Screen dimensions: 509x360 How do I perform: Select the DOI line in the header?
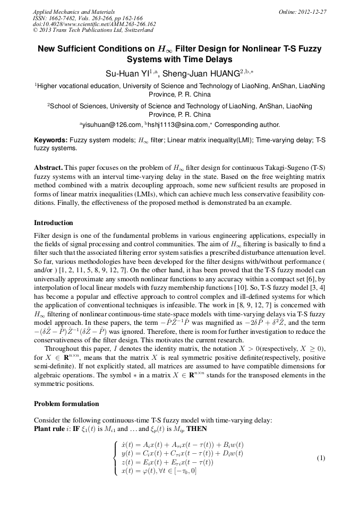(x=94, y=24)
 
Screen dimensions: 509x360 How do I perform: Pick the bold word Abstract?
(x=49, y=167)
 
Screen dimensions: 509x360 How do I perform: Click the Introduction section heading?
(x=53, y=223)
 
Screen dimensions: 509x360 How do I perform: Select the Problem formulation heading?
(x=66, y=404)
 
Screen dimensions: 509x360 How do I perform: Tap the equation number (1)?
(x=321, y=458)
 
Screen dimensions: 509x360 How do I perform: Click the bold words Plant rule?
(x=48, y=429)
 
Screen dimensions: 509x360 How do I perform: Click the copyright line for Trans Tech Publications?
(x=93, y=30)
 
